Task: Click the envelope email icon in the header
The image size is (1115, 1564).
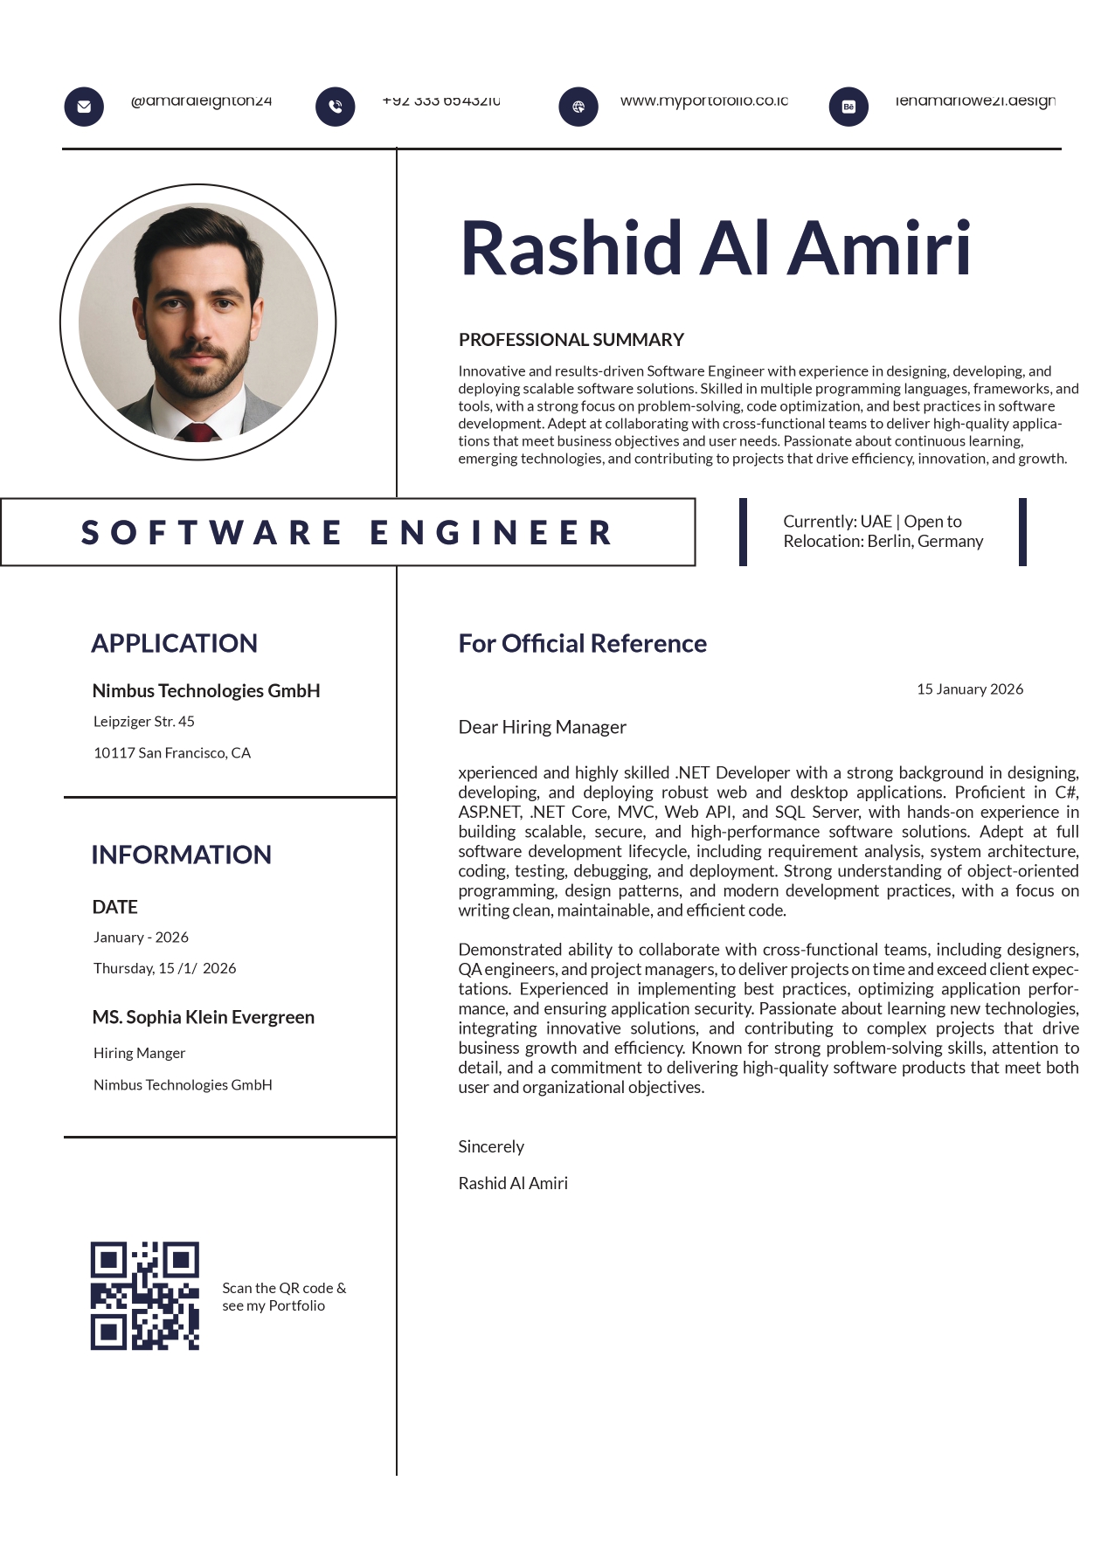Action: [84, 107]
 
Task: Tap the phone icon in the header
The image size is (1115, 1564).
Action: [336, 107]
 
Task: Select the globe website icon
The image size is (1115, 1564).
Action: [578, 107]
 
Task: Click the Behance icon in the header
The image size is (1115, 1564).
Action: [848, 107]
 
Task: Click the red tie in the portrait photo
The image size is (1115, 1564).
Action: [198, 433]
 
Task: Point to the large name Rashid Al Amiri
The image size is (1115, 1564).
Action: [715, 249]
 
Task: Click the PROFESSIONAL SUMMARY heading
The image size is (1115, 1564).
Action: [571, 340]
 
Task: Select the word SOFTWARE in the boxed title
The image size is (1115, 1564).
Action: [212, 533]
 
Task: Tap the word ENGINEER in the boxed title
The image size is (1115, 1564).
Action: [492, 533]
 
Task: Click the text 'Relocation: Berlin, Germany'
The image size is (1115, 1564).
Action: [883, 542]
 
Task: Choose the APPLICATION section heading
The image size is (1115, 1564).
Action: [175, 644]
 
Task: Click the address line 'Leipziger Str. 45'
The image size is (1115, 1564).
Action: [144, 722]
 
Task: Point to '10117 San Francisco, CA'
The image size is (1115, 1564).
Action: [172, 753]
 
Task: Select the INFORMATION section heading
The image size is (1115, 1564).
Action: [182, 855]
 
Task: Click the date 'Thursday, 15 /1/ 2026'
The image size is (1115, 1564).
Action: [165, 969]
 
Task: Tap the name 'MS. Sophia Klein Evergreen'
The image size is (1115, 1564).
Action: [204, 1018]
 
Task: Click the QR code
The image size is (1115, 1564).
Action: [145, 1296]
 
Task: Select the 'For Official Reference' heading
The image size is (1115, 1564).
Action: [583, 644]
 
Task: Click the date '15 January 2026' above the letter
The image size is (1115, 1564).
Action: [970, 689]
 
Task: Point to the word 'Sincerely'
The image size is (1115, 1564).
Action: [491, 1147]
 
